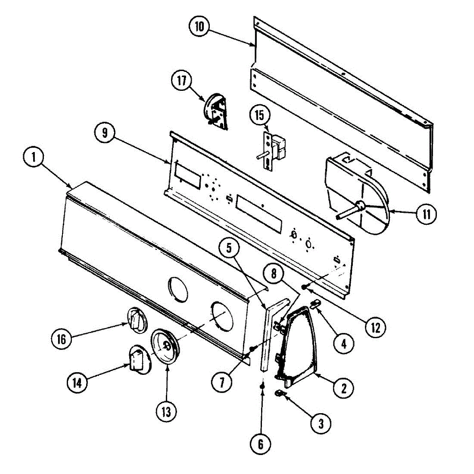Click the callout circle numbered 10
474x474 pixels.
pos(199,27)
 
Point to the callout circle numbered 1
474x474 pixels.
pos(34,158)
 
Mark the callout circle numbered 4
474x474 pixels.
pos(343,344)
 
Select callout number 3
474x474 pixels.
pos(321,423)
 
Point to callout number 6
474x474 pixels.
pos(261,445)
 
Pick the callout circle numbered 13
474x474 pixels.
pos(166,412)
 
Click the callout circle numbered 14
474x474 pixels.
pos(77,382)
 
